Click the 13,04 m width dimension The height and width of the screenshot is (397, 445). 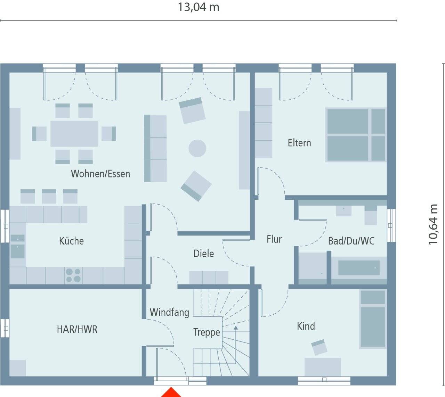coord(199,7)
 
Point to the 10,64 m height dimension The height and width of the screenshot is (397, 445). coord(433,224)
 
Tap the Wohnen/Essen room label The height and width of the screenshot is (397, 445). coord(100,174)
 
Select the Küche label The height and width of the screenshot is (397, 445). coord(71,241)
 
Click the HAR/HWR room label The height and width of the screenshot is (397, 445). coord(77,329)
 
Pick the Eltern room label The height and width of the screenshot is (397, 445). coord(299,143)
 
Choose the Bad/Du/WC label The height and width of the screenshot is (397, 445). coord(351,241)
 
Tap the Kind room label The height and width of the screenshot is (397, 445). coord(306,326)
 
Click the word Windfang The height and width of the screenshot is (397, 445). coord(169,313)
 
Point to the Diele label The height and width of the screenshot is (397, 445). coord(204,254)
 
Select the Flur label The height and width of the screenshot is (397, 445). coord(274,239)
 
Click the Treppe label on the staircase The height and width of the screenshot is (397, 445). coord(207,332)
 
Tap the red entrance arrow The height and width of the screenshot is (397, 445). coord(171,393)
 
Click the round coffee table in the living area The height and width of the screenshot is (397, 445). coord(197,148)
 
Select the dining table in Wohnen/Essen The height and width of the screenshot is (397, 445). coord(74,134)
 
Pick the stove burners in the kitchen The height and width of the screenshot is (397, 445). coord(73,275)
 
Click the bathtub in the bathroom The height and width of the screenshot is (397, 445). coord(359,268)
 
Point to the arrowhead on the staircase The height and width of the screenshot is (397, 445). coord(236,328)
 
